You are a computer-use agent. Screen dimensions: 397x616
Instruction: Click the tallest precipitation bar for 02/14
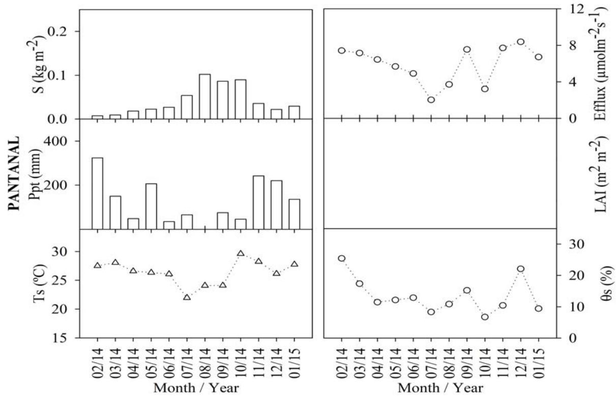point(97,193)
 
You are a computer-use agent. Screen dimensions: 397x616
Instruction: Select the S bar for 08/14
point(204,97)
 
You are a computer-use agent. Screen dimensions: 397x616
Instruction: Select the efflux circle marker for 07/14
point(431,100)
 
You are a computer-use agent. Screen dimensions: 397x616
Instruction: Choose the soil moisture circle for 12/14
point(520,269)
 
